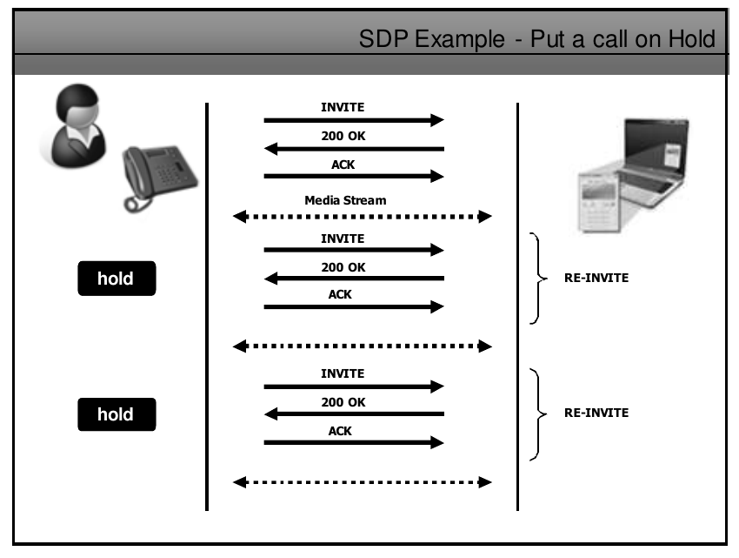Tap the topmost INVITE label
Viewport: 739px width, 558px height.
click(343, 108)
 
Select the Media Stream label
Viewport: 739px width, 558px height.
click(345, 200)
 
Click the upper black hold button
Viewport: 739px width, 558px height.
click(117, 279)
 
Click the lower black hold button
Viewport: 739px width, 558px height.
click(117, 414)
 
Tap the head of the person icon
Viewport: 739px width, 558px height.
click(73, 109)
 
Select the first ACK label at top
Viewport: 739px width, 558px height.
click(343, 164)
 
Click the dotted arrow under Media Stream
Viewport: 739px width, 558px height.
click(363, 216)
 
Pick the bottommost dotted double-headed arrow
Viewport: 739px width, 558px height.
click(363, 481)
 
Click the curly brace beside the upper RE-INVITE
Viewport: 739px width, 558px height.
click(537, 279)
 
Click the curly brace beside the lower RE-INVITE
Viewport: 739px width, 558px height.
click(537, 413)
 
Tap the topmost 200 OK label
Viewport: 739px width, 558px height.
click(343, 136)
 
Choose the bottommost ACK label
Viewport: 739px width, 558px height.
click(340, 430)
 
